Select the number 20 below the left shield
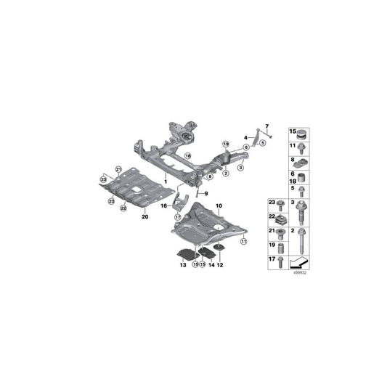144,216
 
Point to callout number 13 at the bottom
183,266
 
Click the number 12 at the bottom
220,266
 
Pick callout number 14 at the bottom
211,266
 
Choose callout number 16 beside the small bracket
163,206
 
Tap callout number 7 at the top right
266,127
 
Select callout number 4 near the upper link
245,137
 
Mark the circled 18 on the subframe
187,156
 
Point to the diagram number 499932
299,274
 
